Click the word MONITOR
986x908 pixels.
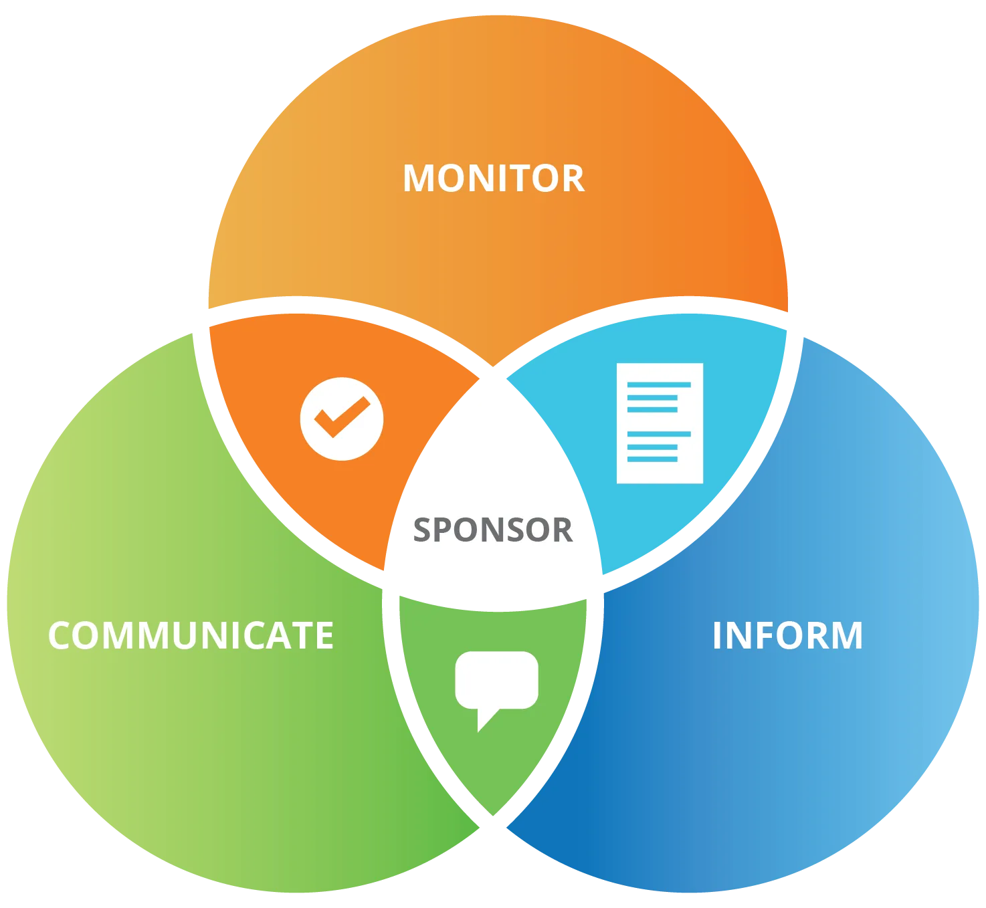click(x=494, y=179)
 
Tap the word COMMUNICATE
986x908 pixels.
click(x=191, y=635)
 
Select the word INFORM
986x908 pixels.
click(x=787, y=635)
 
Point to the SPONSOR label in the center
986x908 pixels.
click(x=492, y=530)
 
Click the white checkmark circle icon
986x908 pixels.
click(x=342, y=419)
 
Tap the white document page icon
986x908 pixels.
click(x=660, y=423)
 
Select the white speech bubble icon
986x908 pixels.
click(x=496, y=682)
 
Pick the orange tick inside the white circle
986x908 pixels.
click(x=342, y=417)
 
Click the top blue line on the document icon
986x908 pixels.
click(x=658, y=384)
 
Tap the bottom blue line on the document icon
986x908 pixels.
click(x=652, y=459)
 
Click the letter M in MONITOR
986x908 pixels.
click(x=419, y=179)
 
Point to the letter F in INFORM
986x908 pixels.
click(x=761, y=635)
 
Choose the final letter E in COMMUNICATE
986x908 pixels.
click(x=324, y=635)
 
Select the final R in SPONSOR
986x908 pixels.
click(x=561, y=530)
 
